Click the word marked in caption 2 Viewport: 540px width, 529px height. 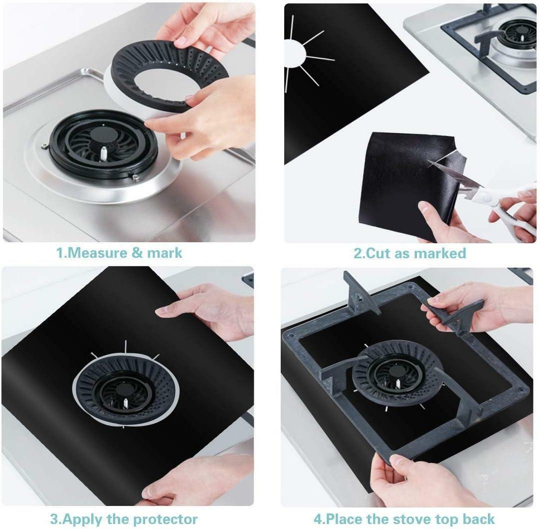pos(441,253)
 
